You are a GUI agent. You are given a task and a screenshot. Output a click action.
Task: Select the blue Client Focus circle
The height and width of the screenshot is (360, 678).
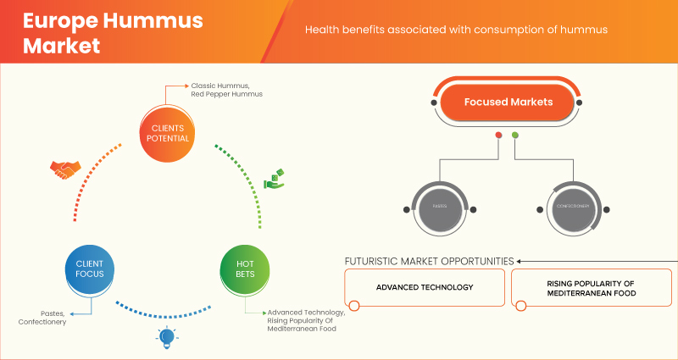coord(89,269)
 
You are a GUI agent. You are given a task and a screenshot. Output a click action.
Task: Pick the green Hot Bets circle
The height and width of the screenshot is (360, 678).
coord(245,269)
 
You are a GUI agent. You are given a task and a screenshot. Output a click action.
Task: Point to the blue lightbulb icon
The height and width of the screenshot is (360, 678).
coord(166,338)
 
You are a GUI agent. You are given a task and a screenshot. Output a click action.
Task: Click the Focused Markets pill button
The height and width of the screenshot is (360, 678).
coord(508,102)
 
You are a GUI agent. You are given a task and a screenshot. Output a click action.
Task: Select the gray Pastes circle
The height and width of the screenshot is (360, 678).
coord(441,207)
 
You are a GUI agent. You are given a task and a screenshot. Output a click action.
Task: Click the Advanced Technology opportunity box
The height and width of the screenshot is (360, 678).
coord(425,287)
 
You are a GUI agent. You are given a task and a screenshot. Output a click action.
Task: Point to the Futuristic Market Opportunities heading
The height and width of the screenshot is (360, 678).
coord(429,261)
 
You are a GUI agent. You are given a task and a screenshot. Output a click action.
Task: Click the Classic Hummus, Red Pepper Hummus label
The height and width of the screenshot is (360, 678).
coord(226,90)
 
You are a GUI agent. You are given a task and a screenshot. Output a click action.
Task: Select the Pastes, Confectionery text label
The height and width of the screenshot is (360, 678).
coord(42,318)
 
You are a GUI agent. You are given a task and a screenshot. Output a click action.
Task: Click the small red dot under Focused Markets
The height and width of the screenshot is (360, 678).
coord(498,136)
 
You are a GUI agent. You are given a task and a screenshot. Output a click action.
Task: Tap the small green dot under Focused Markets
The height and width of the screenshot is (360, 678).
coord(515,136)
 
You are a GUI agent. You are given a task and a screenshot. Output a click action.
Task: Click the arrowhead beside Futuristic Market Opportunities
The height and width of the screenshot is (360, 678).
coord(520,261)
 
